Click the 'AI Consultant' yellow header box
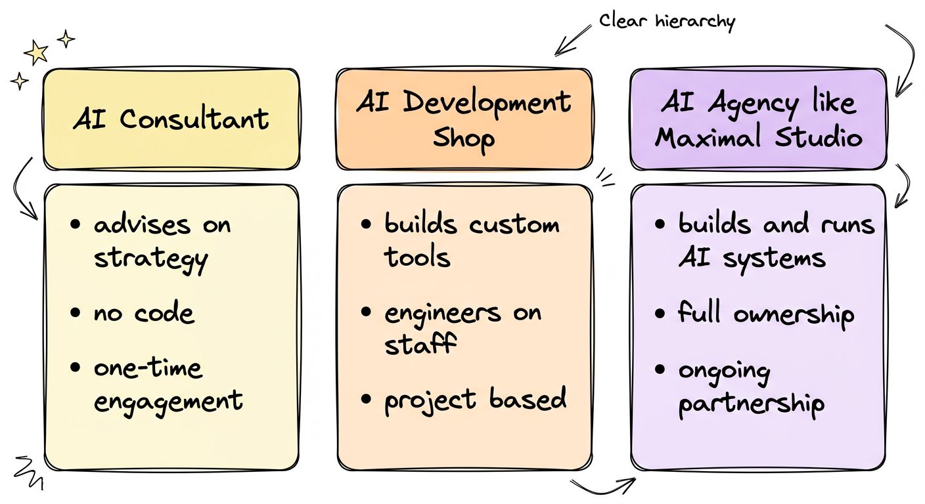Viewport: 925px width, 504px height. coord(171,119)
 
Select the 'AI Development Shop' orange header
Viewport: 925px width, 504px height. coord(464,119)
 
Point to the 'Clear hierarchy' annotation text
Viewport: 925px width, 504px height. coord(666,21)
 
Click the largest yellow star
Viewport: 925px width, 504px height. coord(36,51)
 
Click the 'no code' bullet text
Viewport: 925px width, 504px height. coord(144,312)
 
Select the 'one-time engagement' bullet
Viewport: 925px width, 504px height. coord(168,383)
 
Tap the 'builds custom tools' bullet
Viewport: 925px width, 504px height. coord(472,240)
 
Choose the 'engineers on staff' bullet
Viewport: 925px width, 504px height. coord(462,327)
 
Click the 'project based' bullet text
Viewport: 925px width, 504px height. coord(475,398)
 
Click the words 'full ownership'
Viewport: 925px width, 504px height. coord(766,313)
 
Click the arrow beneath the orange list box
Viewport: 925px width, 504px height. coord(602,484)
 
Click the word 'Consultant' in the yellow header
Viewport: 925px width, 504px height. coord(194,119)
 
